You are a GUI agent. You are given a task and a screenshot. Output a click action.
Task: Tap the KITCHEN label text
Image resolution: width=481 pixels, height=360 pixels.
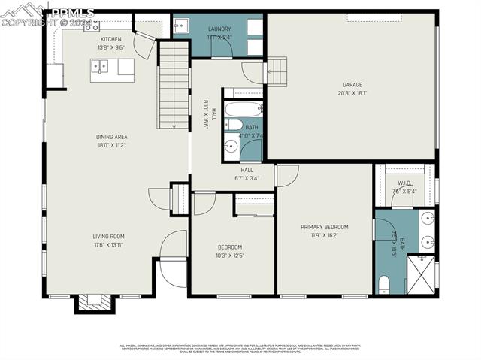(x=111, y=38)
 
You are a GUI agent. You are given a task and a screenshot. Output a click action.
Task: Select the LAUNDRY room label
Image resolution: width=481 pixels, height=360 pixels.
(x=219, y=29)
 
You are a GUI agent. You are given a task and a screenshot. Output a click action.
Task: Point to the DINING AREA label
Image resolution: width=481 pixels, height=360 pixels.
(x=111, y=137)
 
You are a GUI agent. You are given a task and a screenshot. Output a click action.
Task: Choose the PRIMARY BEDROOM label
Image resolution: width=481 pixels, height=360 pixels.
(x=325, y=227)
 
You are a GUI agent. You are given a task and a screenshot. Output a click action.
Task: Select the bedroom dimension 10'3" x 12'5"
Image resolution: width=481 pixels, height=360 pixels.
(x=230, y=255)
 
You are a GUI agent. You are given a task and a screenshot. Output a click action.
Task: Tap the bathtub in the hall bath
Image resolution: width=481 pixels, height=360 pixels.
(x=243, y=108)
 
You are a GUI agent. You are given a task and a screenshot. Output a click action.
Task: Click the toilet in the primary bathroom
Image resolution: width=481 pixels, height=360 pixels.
(x=384, y=284)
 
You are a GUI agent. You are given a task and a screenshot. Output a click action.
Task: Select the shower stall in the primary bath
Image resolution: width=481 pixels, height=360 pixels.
(x=421, y=275)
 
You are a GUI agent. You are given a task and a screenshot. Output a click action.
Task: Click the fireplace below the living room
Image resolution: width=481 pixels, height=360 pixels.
(x=94, y=303)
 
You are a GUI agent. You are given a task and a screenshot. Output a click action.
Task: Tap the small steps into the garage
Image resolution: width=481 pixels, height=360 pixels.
(x=277, y=72)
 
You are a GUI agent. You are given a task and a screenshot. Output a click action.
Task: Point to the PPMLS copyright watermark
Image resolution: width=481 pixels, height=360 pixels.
(x=47, y=17)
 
